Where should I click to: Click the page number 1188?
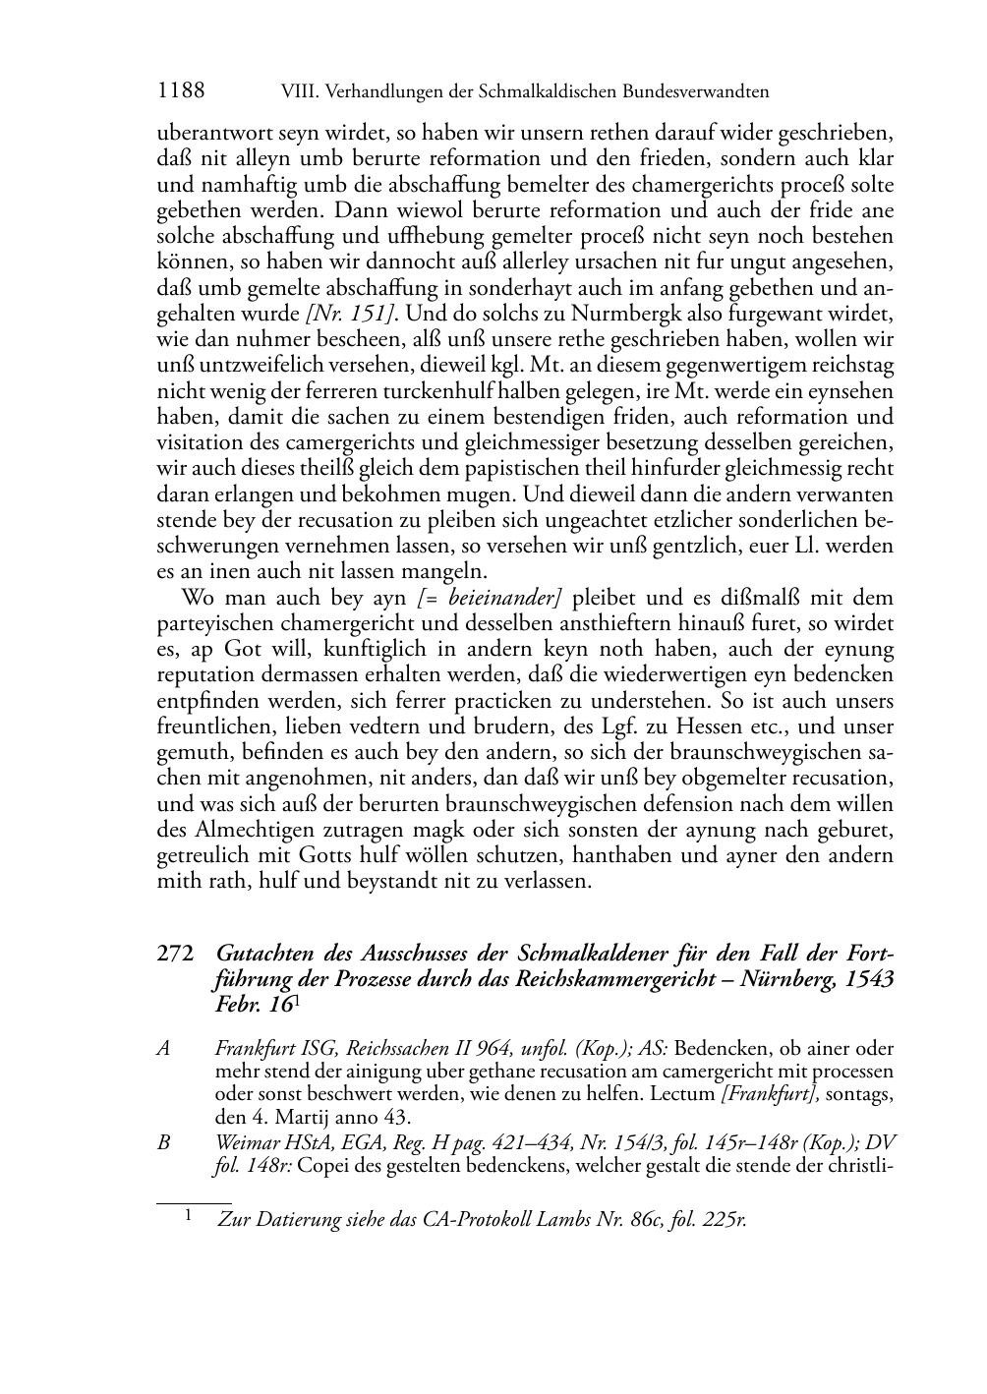(x=181, y=91)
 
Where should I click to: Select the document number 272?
(x=174, y=955)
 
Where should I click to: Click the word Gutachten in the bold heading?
(x=264, y=955)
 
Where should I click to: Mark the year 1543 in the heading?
(x=868, y=980)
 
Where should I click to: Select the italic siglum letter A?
(x=163, y=1049)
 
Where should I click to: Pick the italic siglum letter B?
(x=163, y=1142)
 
